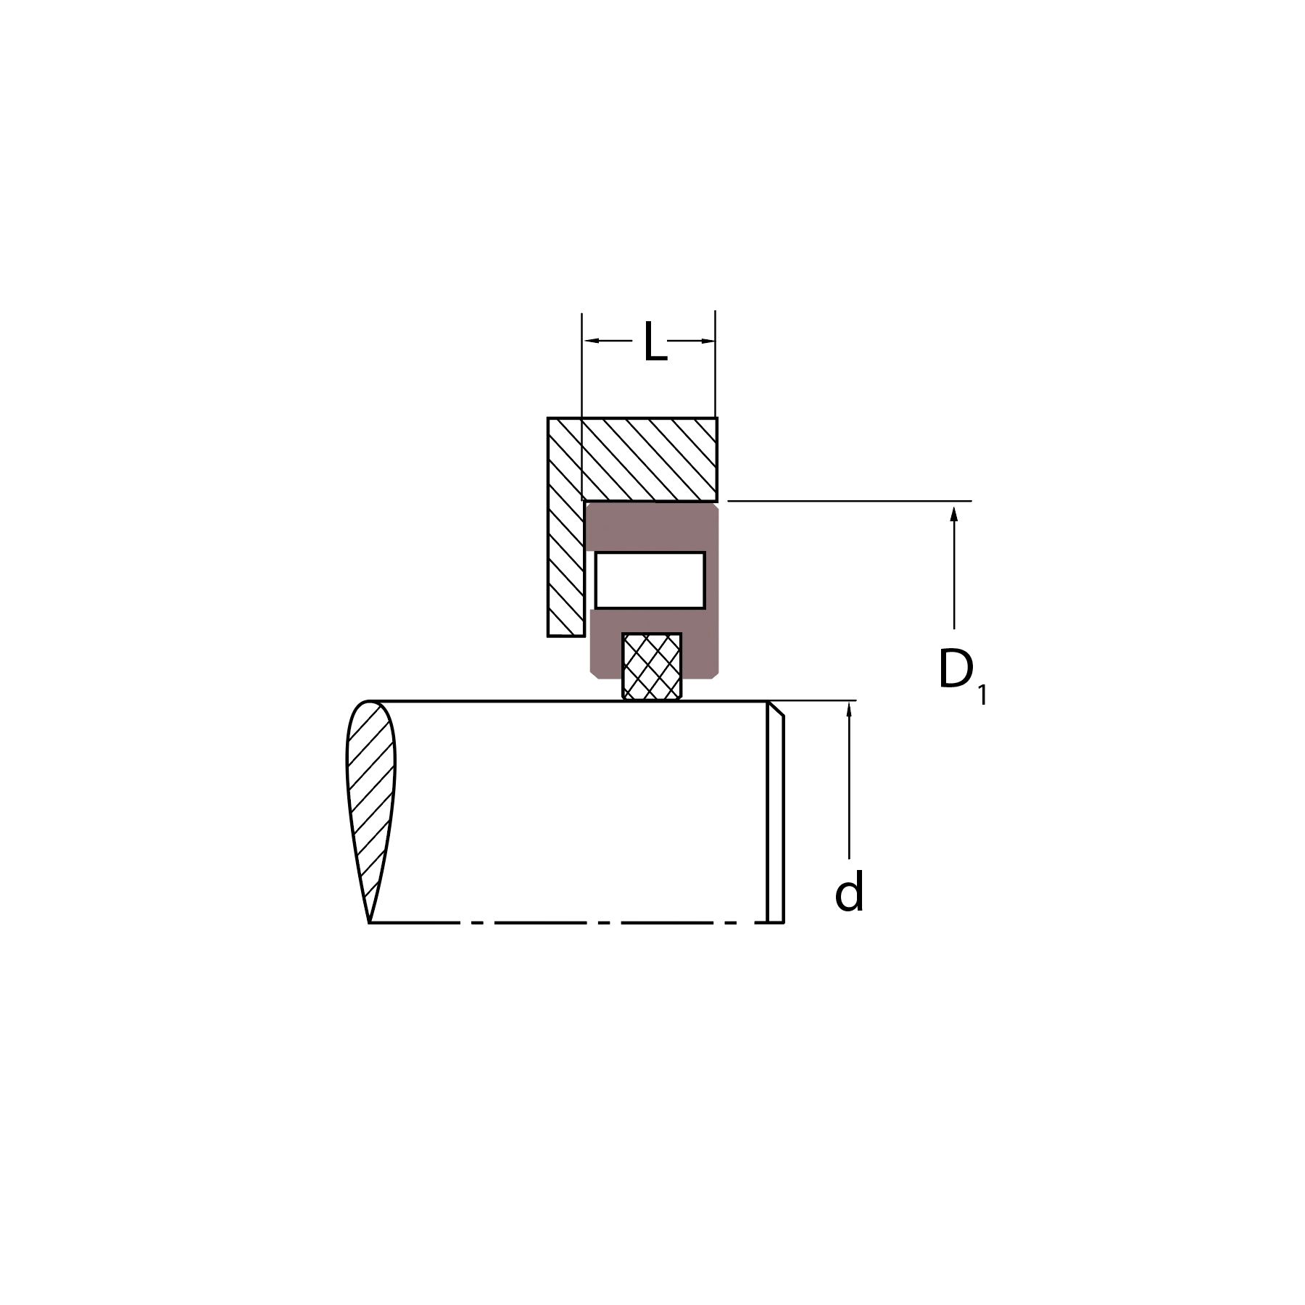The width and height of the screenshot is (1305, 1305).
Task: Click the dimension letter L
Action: (x=655, y=341)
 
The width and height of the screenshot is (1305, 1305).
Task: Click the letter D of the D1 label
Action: (x=956, y=668)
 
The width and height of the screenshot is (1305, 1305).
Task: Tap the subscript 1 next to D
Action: (x=982, y=695)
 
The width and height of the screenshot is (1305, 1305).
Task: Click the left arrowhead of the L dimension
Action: (x=592, y=340)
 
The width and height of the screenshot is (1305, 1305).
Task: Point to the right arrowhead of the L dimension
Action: (x=707, y=340)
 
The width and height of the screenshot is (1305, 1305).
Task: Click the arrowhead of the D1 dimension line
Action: (x=954, y=514)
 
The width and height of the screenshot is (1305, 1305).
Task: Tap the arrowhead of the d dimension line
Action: (x=849, y=709)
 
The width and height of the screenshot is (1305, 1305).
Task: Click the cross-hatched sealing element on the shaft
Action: (x=652, y=666)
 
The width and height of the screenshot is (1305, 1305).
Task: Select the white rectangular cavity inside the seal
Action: (x=650, y=580)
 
